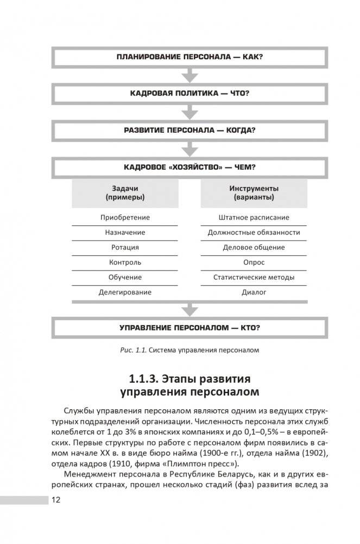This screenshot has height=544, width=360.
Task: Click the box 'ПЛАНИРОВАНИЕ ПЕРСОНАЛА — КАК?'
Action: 190,57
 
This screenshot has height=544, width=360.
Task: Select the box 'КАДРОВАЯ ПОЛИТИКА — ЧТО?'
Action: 190,93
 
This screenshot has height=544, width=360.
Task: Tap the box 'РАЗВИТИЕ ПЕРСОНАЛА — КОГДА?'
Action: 190,130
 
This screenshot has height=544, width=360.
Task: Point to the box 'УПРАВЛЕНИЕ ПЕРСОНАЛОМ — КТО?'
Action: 190,328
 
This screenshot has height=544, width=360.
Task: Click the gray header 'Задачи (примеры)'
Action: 125,193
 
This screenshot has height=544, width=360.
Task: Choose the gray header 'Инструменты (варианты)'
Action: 254,193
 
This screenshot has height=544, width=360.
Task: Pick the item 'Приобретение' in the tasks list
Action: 125,217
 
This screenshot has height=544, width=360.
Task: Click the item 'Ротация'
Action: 125,247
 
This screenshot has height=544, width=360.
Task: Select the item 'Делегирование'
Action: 125,292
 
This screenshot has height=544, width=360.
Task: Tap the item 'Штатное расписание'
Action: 254,217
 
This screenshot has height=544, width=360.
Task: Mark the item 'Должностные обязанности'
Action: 254,233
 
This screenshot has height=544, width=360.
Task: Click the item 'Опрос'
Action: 254,262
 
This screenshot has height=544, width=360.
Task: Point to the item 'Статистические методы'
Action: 254,277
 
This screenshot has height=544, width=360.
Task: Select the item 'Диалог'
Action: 254,292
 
